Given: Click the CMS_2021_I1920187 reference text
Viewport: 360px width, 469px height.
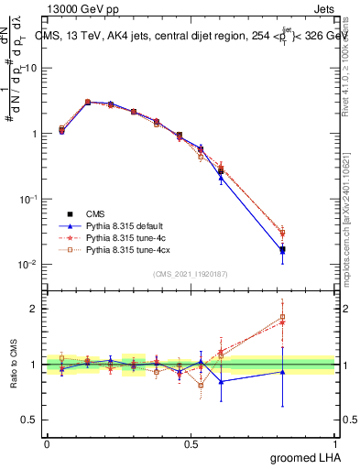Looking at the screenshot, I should (191, 274).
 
